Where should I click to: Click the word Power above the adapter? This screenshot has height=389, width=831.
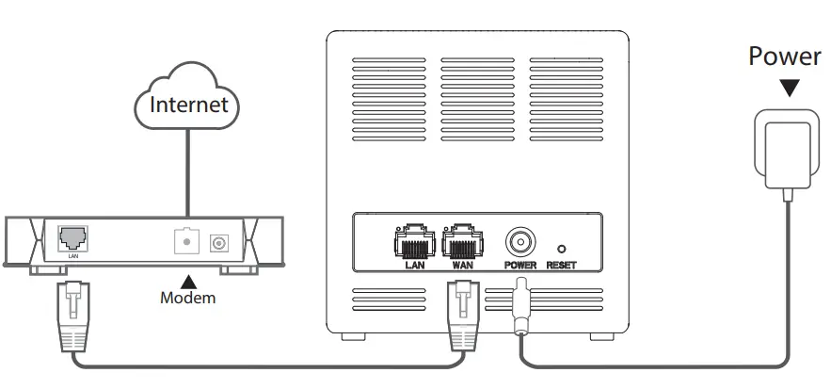pyautogui.click(x=784, y=57)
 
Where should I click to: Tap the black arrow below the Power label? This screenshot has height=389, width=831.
pyautogui.click(x=790, y=88)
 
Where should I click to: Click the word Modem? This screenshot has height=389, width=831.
pyautogui.click(x=187, y=298)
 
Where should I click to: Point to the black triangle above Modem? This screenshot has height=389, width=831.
pyautogui.click(x=188, y=280)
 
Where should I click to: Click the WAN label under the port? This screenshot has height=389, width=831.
pyautogui.click(x=461, y=266)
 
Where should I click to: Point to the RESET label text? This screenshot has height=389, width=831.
pyautogui.click(x=561, y=266)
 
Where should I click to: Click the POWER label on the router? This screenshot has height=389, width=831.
pyautogui.click(x=519, y=266)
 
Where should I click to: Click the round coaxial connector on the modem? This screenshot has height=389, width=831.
pyautogui.click(x=221, y=243)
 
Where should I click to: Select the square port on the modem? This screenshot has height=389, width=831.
pyautogui.click(x=187, y=241)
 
